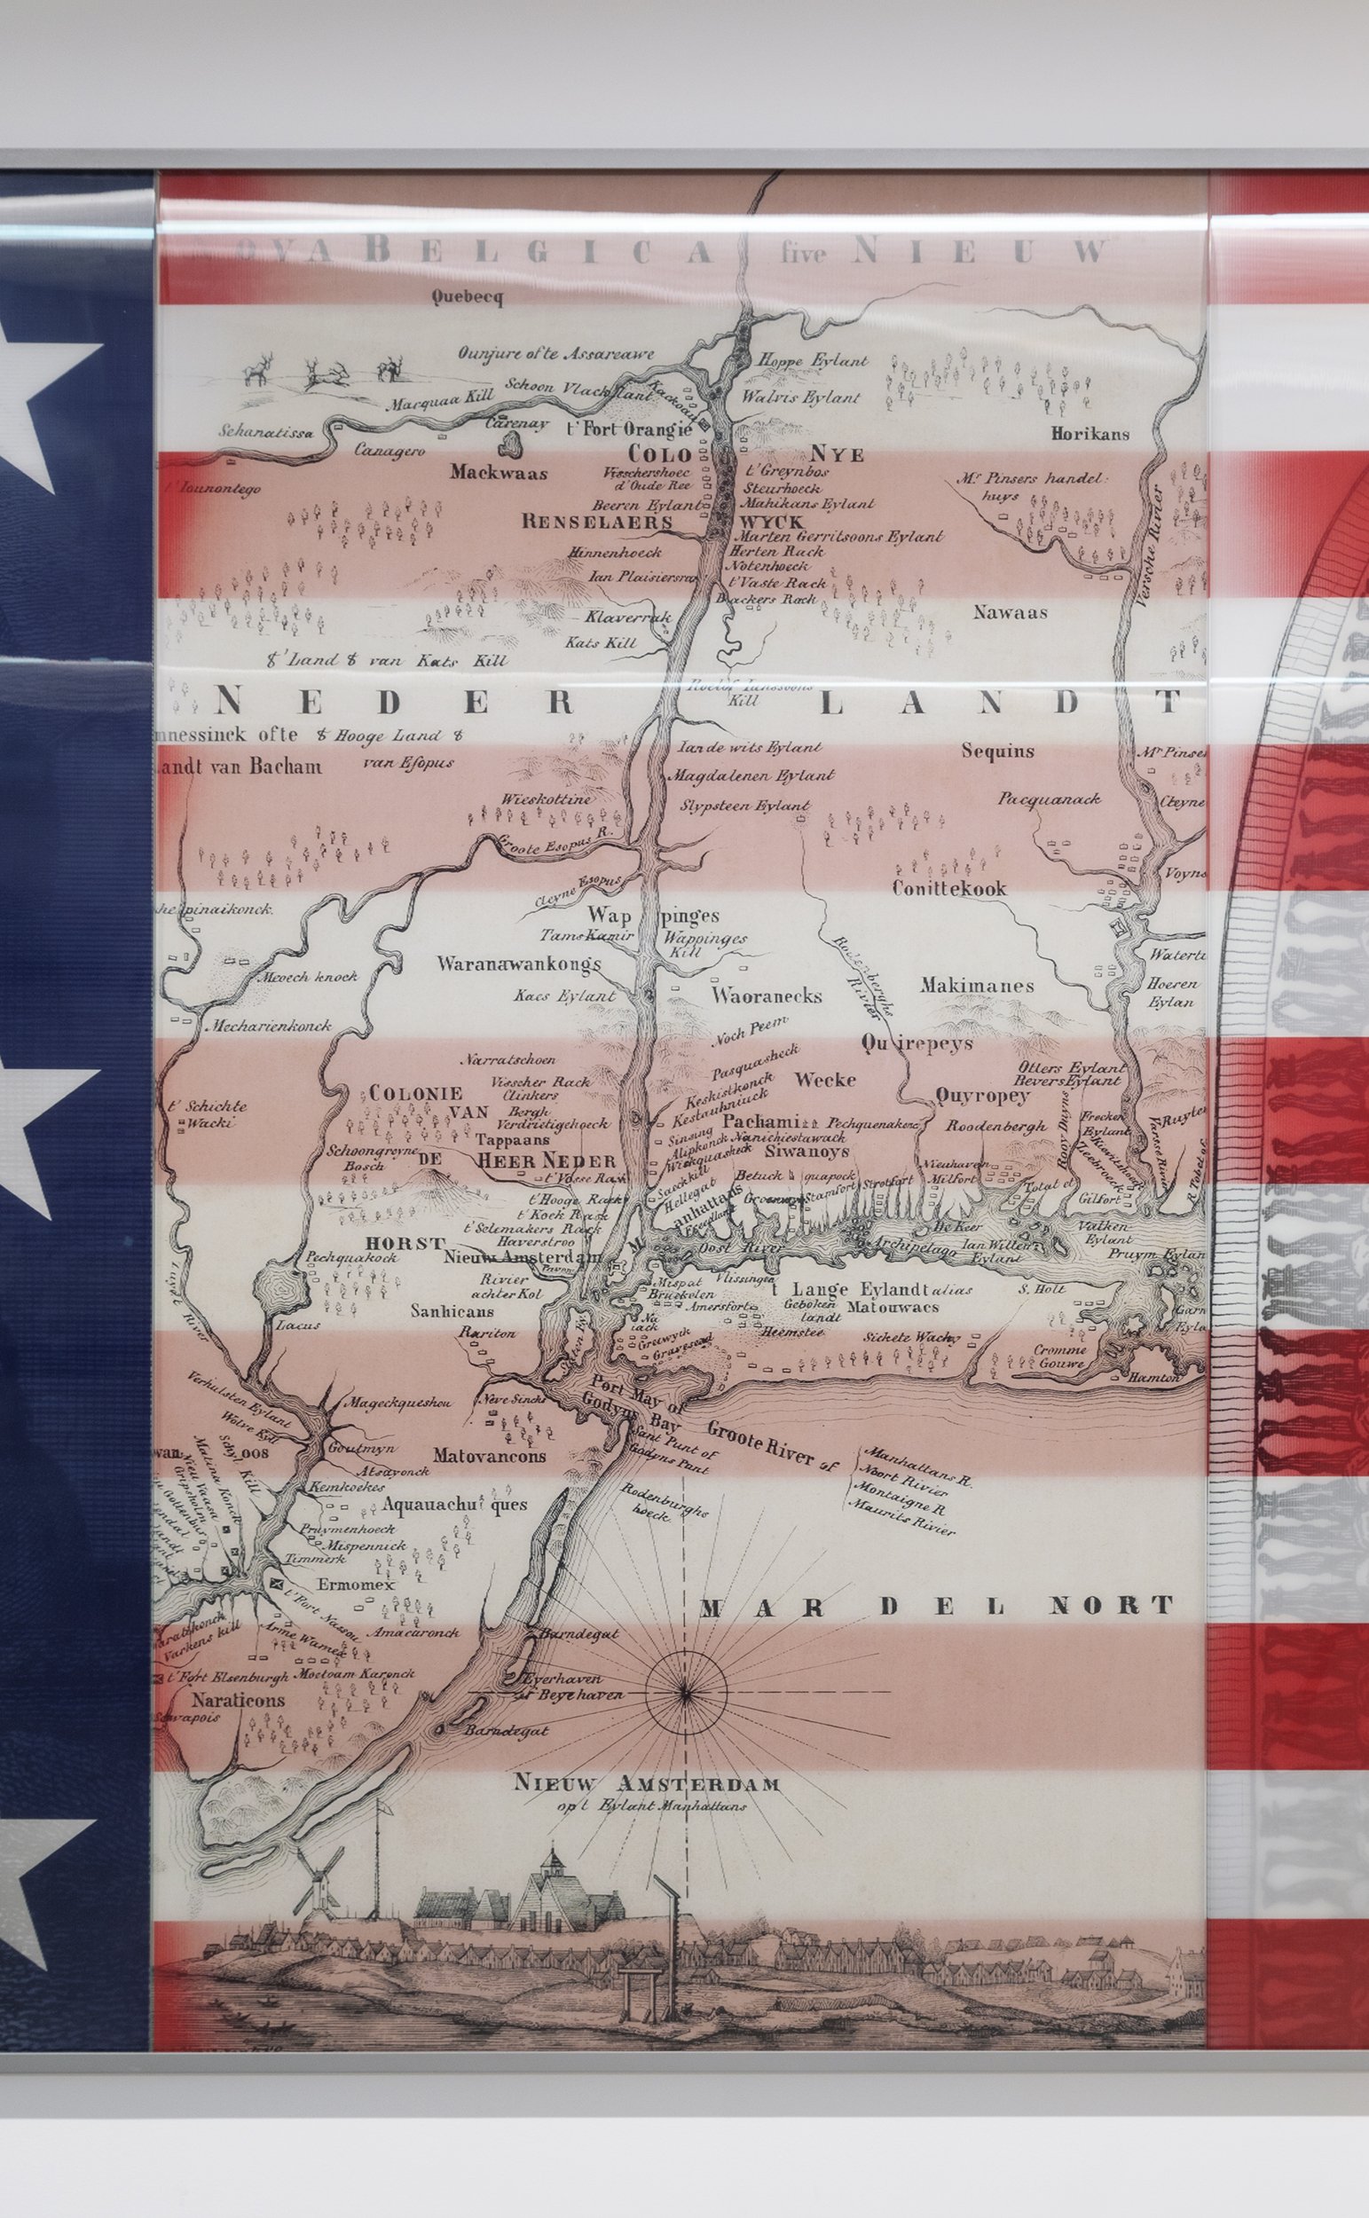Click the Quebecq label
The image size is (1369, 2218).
click(467, 297)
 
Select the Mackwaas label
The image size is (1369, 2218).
click(498, 473)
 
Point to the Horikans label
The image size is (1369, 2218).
click(1090, 434)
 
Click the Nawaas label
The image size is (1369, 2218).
click(1011, 612)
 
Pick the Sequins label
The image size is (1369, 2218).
click(998, 751)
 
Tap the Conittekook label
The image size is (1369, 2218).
click(948, 888)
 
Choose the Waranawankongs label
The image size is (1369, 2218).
click(519, 963)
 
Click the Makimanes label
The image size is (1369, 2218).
click(976, 986)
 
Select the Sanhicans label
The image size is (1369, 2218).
click(452, 1310)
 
